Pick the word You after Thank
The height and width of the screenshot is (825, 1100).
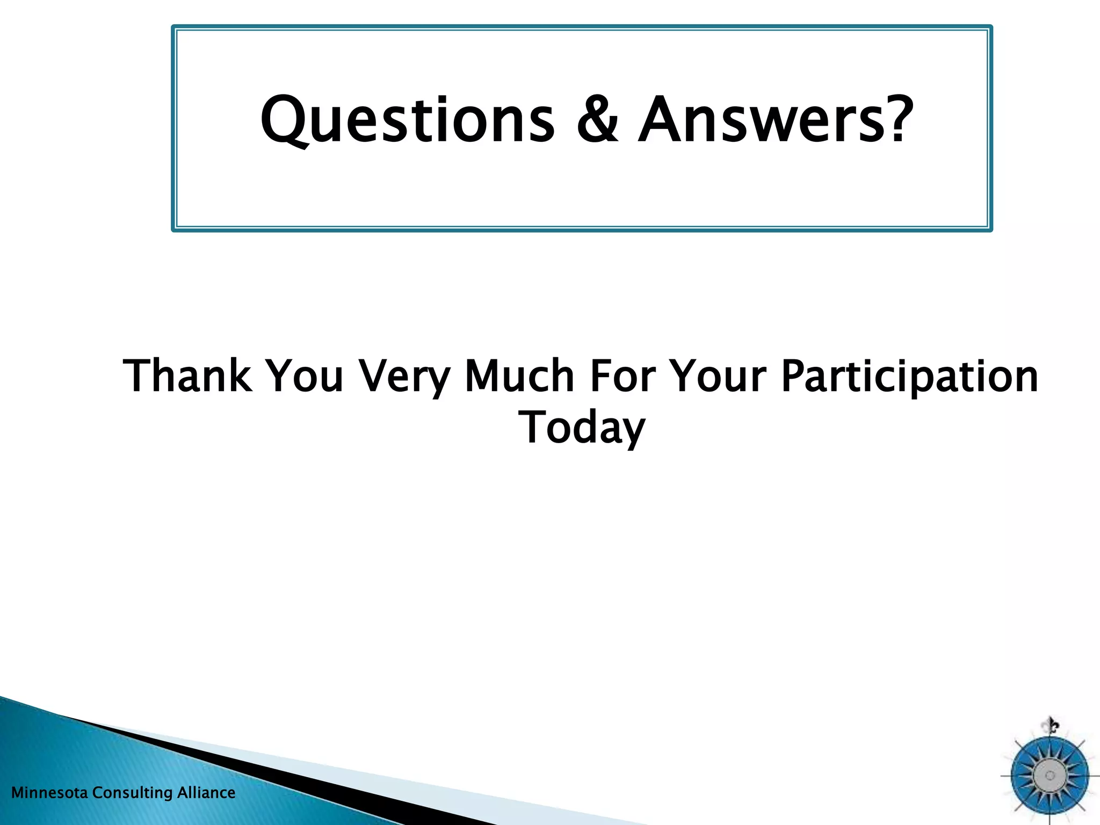tap(305, 376)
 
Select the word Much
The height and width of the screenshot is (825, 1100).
tap(519, 376)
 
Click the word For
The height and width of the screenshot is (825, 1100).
tap(623, 376)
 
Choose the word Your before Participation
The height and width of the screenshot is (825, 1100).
tap(719, 376)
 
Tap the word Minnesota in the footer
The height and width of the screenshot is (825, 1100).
tap(49, 793)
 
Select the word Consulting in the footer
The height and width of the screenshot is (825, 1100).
tap(132, 793)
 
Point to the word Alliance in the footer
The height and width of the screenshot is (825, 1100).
tap(206, 793)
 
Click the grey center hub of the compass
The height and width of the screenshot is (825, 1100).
tap(1050, 776)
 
